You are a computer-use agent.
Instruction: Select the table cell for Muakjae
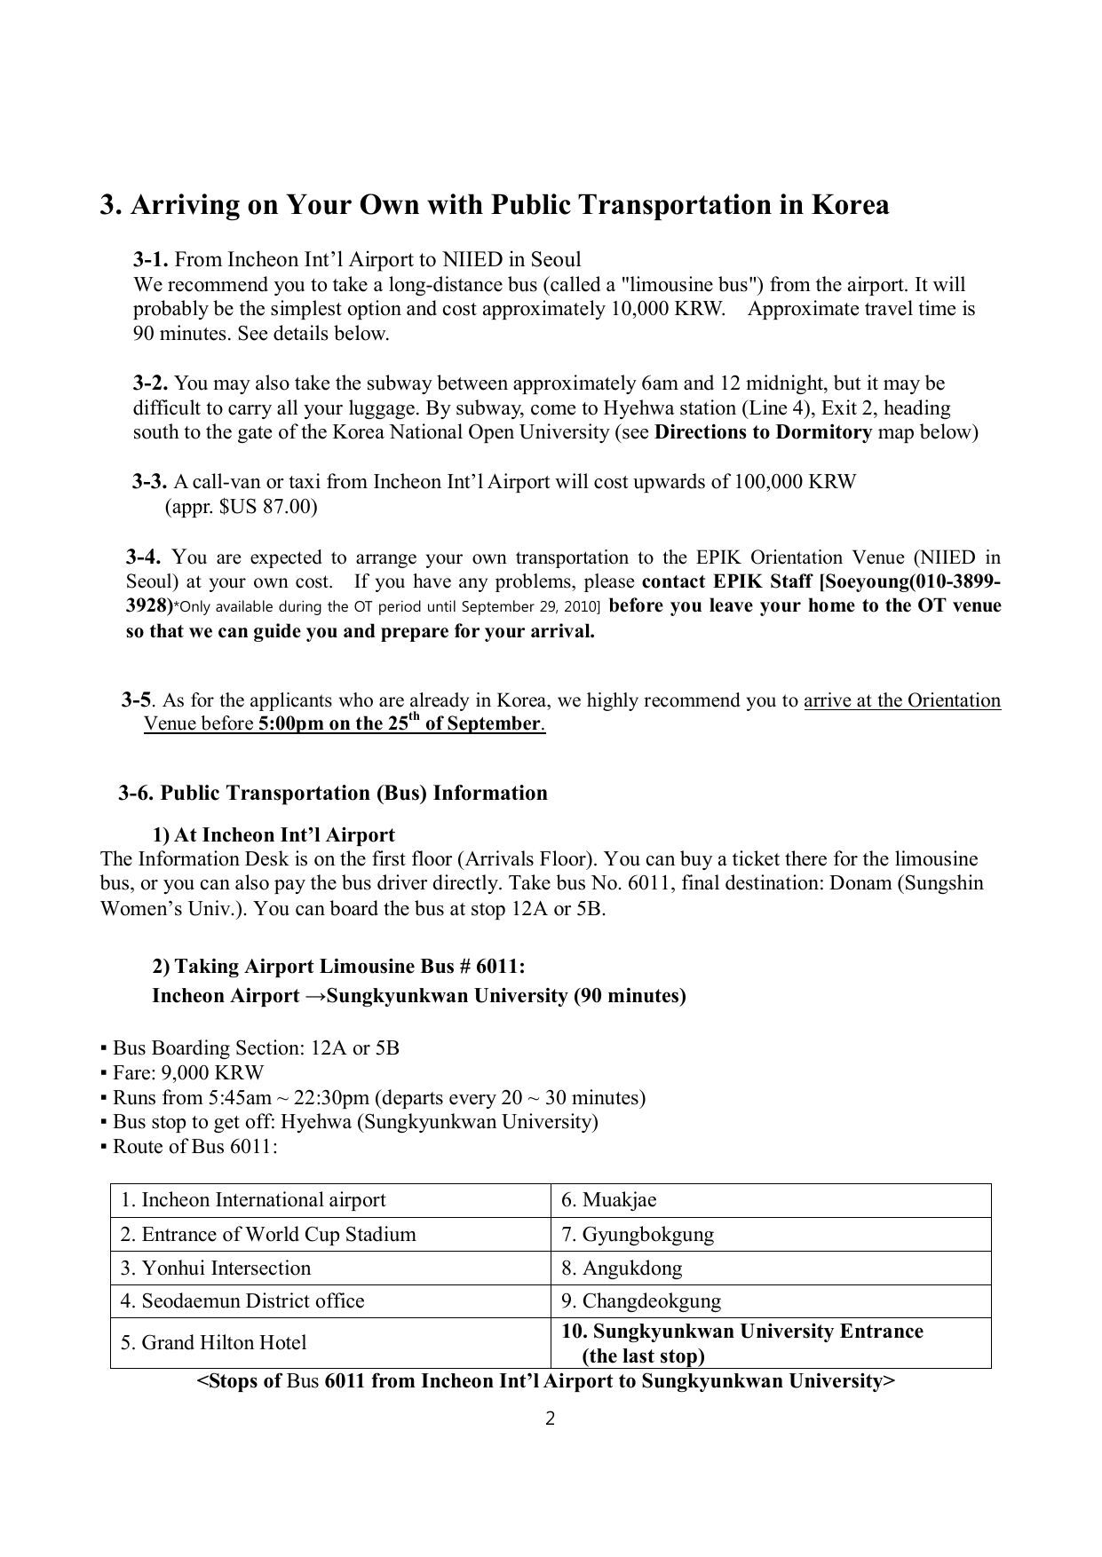[608, 1200]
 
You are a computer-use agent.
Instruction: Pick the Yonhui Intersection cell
[215, 1268]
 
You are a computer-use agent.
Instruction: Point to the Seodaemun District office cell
[242, 1301]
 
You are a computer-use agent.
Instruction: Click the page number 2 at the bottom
[550, 1419]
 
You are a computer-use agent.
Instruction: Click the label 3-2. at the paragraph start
[151, 383]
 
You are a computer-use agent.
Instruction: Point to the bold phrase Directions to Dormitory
[763, 432]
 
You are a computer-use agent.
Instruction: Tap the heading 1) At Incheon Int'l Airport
[274, 835]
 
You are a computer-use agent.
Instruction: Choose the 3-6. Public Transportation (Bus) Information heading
[333, 793]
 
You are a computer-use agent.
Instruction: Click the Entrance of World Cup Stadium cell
[267, 1234]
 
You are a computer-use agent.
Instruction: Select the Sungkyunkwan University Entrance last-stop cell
[741, 1343]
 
